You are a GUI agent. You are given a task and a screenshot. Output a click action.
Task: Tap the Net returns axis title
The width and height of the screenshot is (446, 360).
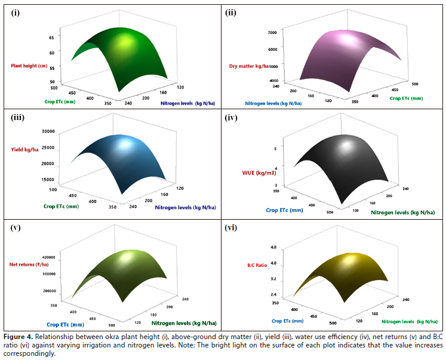tap(28, 264)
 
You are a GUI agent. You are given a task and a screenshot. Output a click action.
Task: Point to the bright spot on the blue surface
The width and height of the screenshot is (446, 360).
tap(127, 145)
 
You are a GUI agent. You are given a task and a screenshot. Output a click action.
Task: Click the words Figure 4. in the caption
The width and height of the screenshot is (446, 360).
tap(20, 334)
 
